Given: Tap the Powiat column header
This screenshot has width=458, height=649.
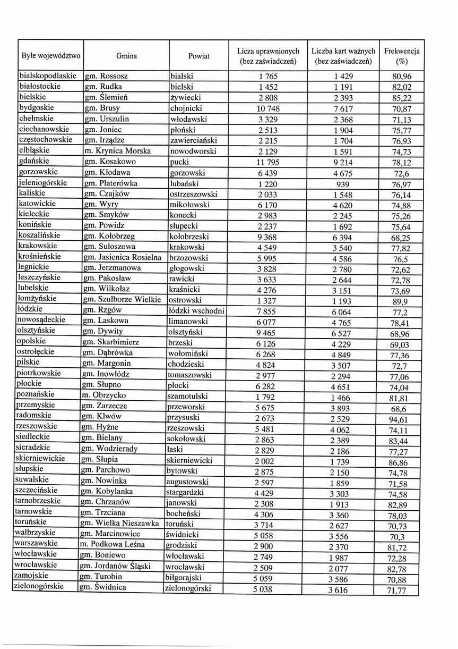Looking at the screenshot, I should (x=198, y=56).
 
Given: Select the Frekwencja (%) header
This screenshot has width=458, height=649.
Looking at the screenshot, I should (x=401, y=56).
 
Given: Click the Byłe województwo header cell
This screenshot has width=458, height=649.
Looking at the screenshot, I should (x=51, y=56).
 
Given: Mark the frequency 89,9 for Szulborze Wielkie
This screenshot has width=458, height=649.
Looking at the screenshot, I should (x=401, y=301).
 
